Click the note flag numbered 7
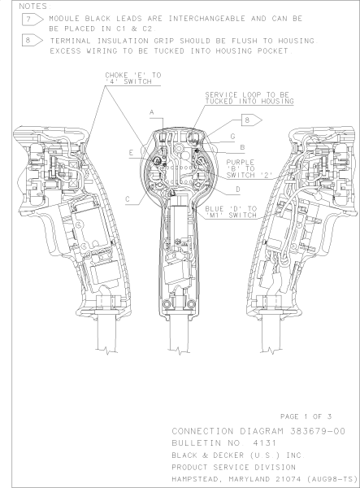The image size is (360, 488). [33, 20]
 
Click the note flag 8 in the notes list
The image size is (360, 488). [33, 41]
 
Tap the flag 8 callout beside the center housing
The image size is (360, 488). [252, 120]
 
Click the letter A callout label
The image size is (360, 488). [152, 112]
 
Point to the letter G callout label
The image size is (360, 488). [233, 137]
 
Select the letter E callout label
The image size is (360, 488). [131, 153]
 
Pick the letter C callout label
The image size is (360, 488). [128, 199]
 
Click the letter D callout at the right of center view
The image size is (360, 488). [238, 190]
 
